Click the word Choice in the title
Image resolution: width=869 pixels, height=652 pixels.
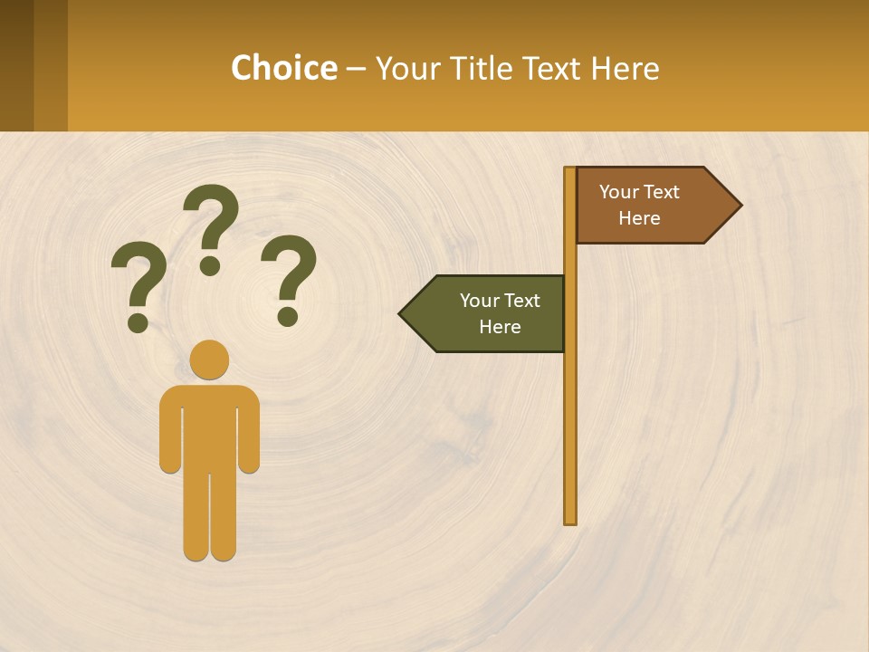283,69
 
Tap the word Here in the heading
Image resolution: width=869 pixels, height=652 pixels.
625,69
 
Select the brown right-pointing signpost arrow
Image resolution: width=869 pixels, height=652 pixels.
652,206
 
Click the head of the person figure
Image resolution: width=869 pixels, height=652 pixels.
209,360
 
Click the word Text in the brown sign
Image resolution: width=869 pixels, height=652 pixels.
661,192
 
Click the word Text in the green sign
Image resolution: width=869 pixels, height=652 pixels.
521,301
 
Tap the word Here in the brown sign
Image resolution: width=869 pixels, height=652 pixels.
639,218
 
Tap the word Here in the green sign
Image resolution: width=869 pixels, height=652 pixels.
500,327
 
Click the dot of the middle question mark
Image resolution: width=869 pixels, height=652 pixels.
210,265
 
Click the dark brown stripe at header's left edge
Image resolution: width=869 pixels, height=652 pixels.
16,65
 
